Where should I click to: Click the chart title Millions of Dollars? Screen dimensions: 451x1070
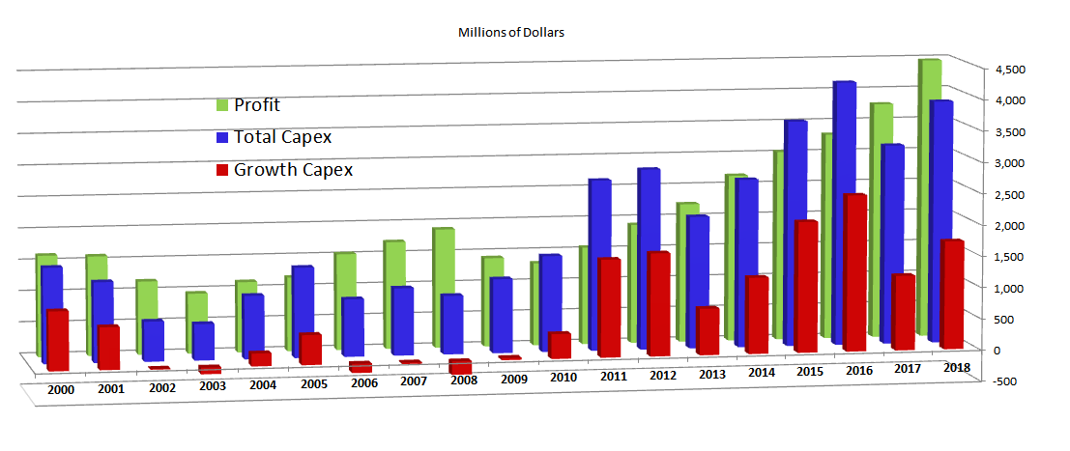click(x=510, y=32)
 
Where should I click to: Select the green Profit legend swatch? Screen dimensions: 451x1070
click(x=221, y=105)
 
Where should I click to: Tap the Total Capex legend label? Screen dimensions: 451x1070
click(x=282, y=137)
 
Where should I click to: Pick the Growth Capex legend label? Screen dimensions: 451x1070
click(x=293, y=170)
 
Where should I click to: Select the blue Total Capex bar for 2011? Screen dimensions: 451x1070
click(x=597, y=261)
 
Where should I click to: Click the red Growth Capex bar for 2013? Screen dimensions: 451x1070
click(x=707, y=330)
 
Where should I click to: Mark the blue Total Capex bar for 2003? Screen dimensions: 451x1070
click(x=202, y=340)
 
